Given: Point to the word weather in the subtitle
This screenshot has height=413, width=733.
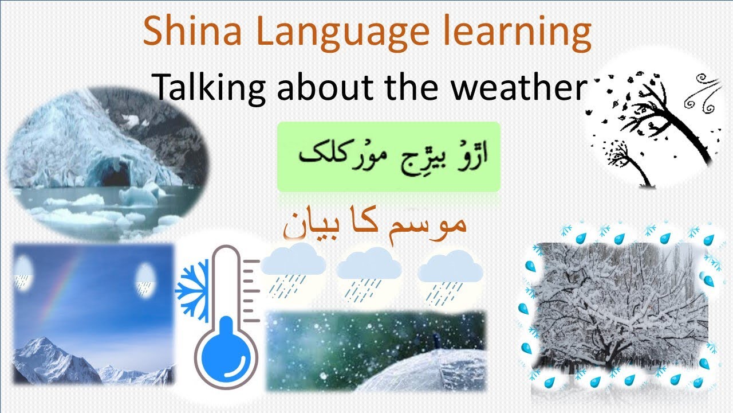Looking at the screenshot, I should tap(519, 87).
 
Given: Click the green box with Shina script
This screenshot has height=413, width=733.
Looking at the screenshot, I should tap(389, 157).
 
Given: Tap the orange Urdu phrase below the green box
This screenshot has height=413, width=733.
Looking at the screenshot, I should tap(375, 224).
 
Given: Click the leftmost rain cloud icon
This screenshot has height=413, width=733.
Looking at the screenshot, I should tap(293, 269).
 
